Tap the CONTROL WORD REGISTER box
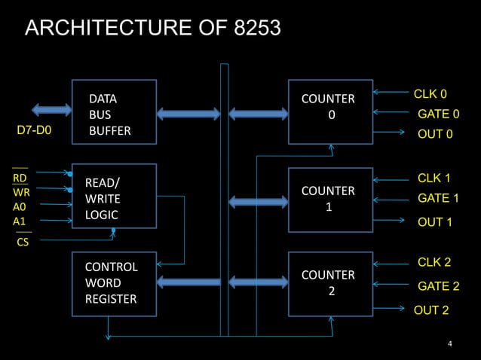[114, 282]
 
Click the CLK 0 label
[430, 95]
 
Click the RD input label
[20, 178]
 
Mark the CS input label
[23, 243]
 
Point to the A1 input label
[19, 221]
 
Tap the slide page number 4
[450, 345]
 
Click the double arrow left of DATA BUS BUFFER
[51, 109]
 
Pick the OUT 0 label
[435, 135]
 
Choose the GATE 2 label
[438, 287]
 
